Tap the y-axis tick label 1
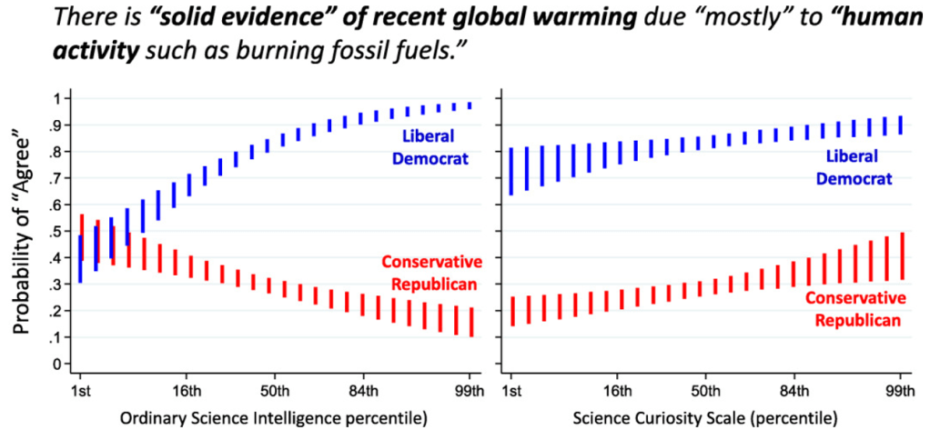56,97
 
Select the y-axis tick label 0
56,365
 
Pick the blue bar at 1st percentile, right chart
512,171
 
